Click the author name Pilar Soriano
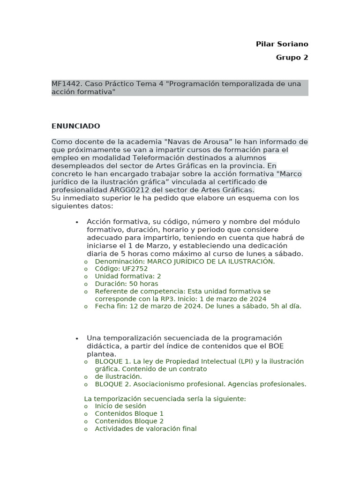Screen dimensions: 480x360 282,44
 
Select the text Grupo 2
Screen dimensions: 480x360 292,58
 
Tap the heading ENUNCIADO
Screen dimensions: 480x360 75,126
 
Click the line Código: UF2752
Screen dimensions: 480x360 121,269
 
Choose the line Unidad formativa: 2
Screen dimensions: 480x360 127,276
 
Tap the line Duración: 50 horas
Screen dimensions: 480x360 126,284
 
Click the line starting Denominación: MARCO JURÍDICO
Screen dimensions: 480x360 185,261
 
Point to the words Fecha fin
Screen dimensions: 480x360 111,306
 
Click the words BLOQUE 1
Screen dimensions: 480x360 112,361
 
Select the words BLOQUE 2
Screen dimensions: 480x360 112,384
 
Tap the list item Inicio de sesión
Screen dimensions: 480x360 120,406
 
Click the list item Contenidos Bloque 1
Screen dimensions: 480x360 129,413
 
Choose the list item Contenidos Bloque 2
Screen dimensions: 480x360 129,421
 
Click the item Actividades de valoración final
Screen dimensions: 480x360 145,428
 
